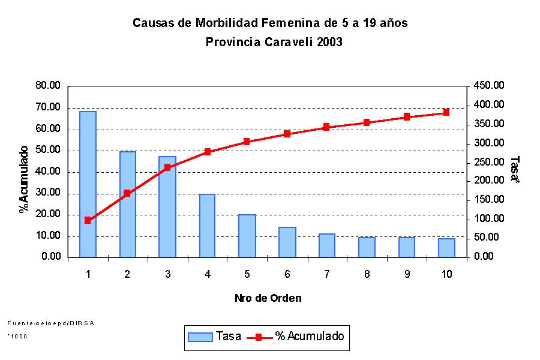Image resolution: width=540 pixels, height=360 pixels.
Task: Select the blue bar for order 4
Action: pyautogui.click(x=207, y=226)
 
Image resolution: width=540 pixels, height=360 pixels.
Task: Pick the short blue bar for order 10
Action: pyautogui.click(x=446, y=248)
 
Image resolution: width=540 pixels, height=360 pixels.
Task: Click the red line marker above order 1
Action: pyautogui.click(x=88, y=220)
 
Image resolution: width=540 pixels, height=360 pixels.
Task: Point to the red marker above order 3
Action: pyautogui.click(x=167, y=167)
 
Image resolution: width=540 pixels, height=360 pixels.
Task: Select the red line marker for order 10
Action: pyautogui.click(x=446, y=112)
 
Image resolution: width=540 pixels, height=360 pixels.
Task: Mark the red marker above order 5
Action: pyautogui.click(x=247, y=142)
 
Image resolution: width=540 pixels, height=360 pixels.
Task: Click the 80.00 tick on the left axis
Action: pyautogui.click(x=49, y=86)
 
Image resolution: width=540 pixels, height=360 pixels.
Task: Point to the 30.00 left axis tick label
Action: pyautogui.click(x=49, y=193)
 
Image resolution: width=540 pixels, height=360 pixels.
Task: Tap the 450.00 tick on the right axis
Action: pyautogui.click(x=489, y=86)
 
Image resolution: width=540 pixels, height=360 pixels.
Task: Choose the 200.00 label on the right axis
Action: pyautogui.click(x=489, y=181)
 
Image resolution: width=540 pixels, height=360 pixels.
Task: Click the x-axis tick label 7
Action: pyautogui.click(x=327, y=274)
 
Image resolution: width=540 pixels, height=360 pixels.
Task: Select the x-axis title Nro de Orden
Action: pyautogui.click(x=268, y=298)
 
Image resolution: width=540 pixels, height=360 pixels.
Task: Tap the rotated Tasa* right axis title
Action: pyautogui.click(x=515, y=170)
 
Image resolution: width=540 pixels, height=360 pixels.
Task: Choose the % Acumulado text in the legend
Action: pyautogui.click(x=310, y=337)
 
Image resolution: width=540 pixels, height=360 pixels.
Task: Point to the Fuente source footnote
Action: pyautogui.click(x=51, y=323)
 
